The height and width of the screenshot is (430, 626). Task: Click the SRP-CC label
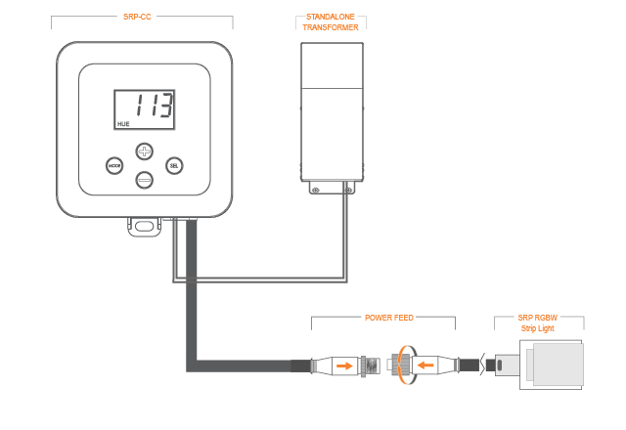pyautogui.click(x=137, y=17)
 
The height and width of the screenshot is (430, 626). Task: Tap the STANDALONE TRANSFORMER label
pyautogui.click(x=331, y=21)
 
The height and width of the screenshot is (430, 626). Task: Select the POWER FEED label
pyautogui.click(x=389, y=318)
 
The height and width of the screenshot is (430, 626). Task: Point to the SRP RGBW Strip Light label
pyautogui.click(x=537, y=323)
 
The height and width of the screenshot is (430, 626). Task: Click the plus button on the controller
pyautogui.click(x=145, y=151)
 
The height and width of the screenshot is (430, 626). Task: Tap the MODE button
pyautogui.click(x=114, y=165)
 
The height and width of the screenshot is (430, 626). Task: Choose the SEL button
pyautogui.click(x=174, y=165)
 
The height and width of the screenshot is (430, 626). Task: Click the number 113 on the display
pyautogui.click(x=155, y=105)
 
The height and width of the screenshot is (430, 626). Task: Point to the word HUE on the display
pyautogui.click(x=123, y=124)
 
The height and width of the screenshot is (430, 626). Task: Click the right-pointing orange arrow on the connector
pyautogui.click(x=344, y=365)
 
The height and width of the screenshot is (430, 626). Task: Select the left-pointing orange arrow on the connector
pyautogui.click(x=425, y=365)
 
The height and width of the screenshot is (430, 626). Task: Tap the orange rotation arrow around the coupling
pyautogui.click(x=405, y=365)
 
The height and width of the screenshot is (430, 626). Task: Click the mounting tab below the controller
pyautogui.click(x=144, y=227)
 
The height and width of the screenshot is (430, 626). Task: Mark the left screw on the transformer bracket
pyautogui.click(x=315, y=190)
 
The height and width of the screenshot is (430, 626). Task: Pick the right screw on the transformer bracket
pyautogui.click(x=348, y=190)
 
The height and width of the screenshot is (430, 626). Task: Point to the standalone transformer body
pyautogui.click(x=332, y=112)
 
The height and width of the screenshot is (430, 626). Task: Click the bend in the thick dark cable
pyautogui.click(x=192, y=365)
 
